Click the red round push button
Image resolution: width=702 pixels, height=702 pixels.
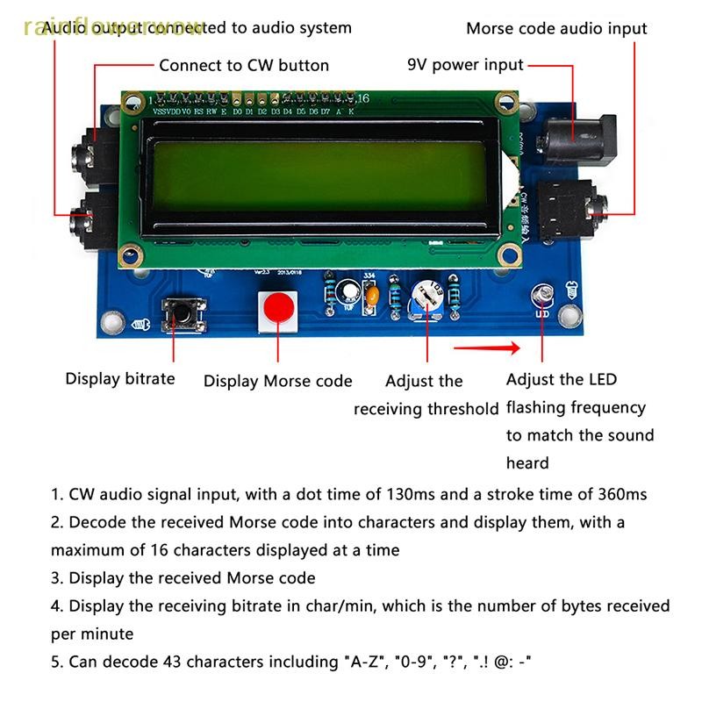click(278, 309)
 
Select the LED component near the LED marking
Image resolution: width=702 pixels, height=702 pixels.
click(542, 295)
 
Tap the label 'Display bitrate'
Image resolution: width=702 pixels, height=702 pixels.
click(120, 379)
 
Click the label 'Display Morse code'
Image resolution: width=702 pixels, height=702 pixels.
click(277, 381)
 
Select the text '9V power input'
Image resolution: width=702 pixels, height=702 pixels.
click(465, 65)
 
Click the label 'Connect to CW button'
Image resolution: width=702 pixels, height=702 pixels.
click(244, 65)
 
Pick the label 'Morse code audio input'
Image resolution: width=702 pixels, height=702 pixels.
click(556, 28)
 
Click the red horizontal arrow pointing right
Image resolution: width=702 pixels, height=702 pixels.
click(488, 348)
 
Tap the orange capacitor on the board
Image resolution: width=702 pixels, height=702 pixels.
click(374, 298)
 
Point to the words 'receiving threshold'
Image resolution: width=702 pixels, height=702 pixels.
click(426, 409)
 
